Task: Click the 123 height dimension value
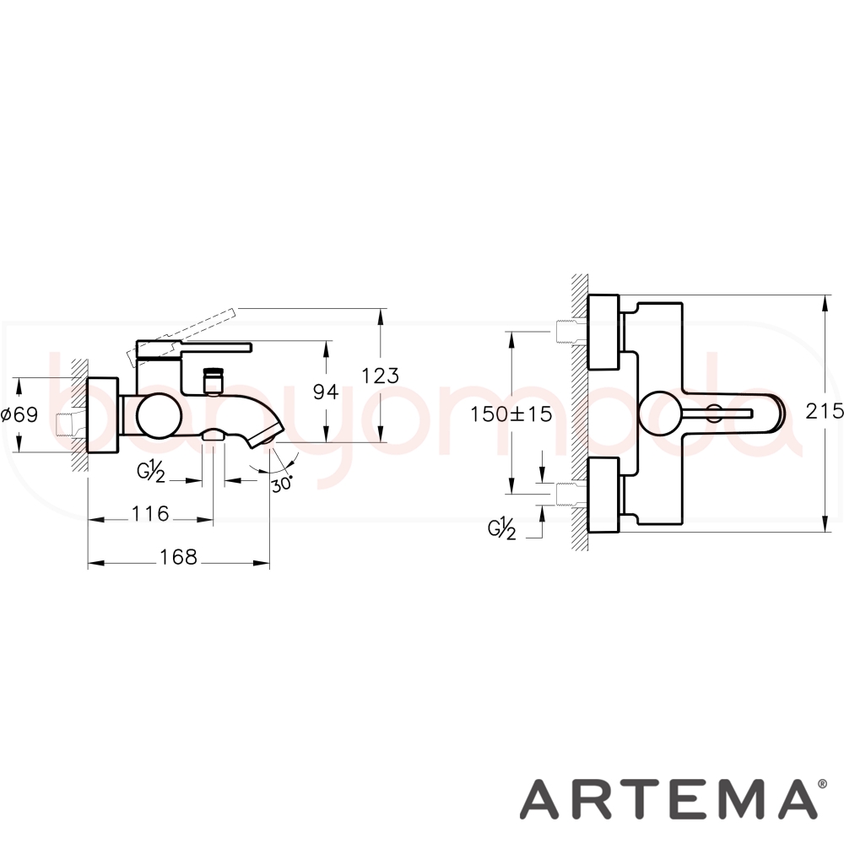tap(380, 376)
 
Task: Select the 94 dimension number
tap(326, 392)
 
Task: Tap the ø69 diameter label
tap(19, 414)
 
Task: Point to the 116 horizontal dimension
tap(150, 513)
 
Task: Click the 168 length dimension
tap(178, 557)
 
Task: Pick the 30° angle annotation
tap(282, 483)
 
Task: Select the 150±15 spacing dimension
tap(511, 414)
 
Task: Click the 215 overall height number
tap(825, 411)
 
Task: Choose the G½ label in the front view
tap(502, 530)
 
